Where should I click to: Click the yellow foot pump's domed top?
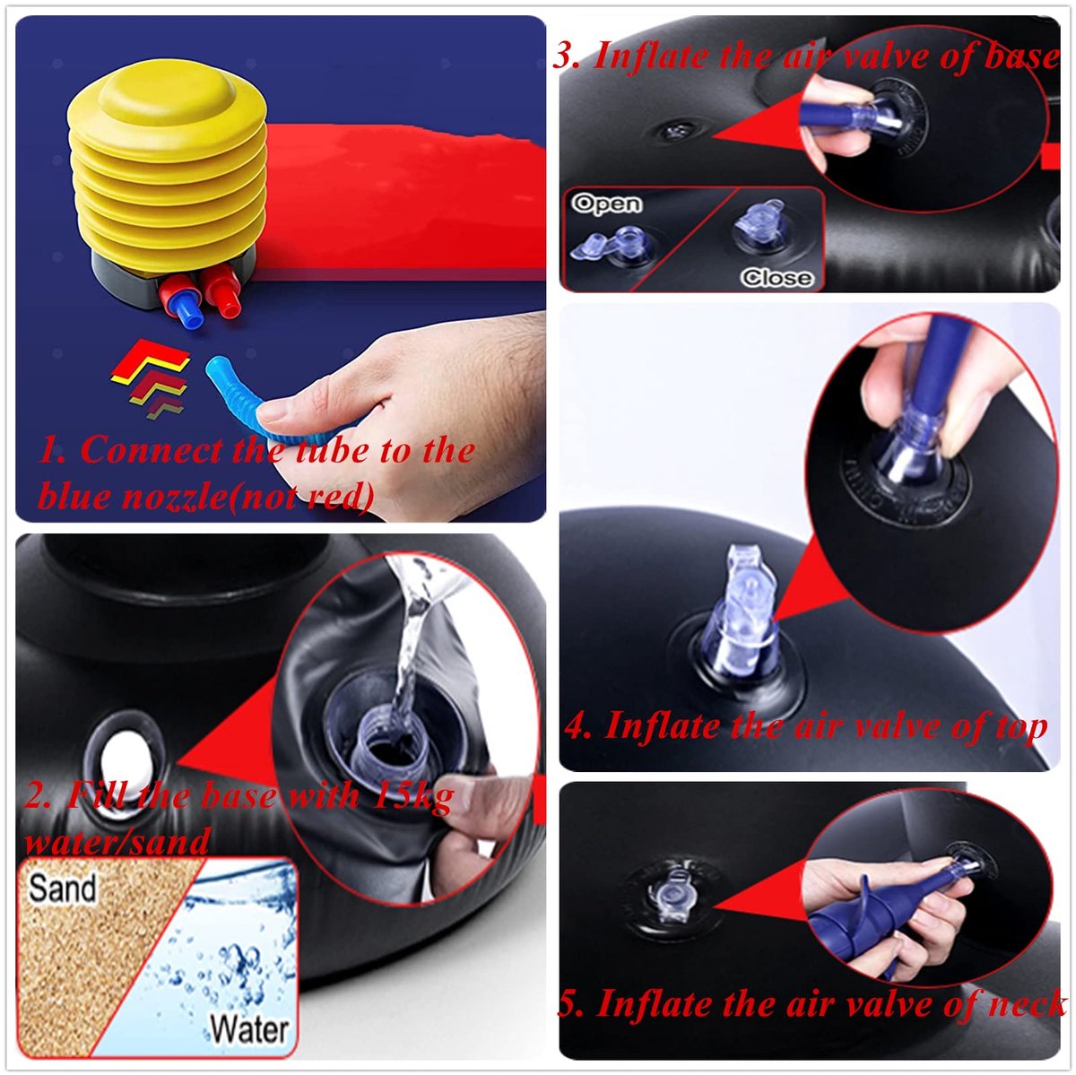[165, 94]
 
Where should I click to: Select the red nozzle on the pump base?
[222, 290]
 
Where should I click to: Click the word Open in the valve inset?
[607, 204]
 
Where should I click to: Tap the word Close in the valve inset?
[777, 278]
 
